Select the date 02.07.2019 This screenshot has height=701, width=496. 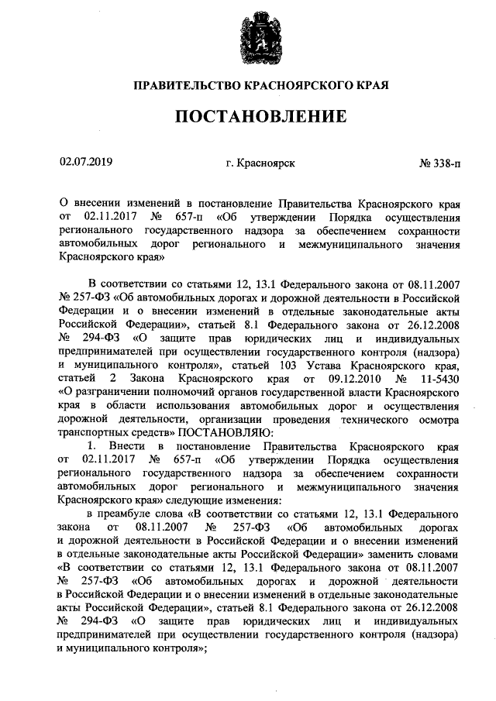(x=86, y=163)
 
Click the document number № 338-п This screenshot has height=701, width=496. (x=439, y=163)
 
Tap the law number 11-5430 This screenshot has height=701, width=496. (x=436, y=380)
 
